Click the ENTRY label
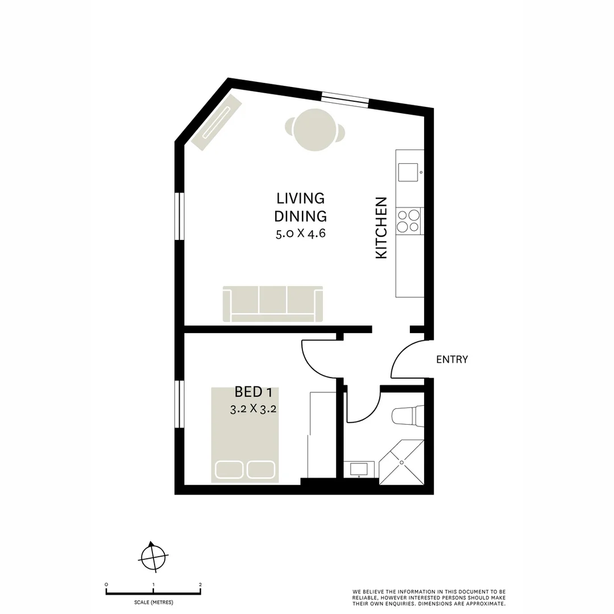point(452,359)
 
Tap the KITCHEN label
point(381,228)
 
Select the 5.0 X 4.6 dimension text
point(300,234)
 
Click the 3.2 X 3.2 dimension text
point(253,409)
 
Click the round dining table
point(314,130)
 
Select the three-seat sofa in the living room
point(273,304)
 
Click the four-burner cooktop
point(409,221)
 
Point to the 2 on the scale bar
point(200,584)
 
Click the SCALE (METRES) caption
point(153,602)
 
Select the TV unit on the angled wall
point(217,122)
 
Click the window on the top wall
point(345,99)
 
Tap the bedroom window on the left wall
point(180,404)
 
